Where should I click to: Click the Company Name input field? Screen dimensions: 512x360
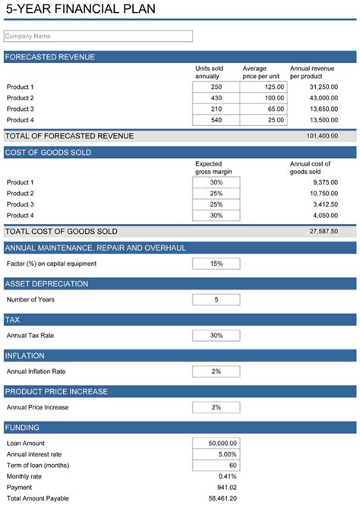point(98,36)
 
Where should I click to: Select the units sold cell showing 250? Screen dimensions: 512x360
point(216,87)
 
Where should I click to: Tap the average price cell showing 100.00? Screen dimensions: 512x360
point(263,98)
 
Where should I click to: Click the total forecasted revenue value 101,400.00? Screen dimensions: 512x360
point(322,136)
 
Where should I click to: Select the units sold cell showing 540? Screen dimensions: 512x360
point(216,120)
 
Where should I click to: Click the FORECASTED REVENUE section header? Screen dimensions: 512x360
point(49,57)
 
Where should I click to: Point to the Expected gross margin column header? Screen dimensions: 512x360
point(213,168)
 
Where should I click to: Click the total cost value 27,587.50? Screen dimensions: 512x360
point(324,231)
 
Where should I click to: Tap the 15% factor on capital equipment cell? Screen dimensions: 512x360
point(216,264)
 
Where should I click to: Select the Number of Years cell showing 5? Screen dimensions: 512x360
point(216,299)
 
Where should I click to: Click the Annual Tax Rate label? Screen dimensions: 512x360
point(30,335)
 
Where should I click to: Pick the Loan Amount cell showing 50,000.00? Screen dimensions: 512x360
point(216,443)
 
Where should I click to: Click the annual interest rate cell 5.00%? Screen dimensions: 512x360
point(216,454)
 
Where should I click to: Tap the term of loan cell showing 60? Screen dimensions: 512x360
point(216,465)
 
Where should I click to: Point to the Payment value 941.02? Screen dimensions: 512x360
point(226,487)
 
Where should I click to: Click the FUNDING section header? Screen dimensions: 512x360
point(23,428)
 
